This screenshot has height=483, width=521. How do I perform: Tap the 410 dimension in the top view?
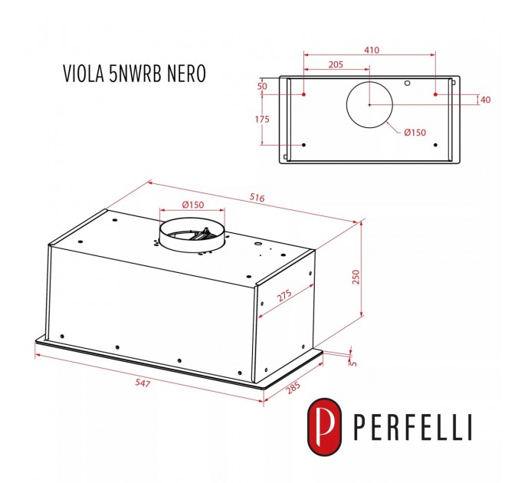coord(372,50)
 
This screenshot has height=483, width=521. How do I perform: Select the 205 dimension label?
coord(335,65)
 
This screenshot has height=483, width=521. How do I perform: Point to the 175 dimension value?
coord(262,120)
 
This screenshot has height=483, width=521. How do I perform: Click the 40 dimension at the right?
coord(485,100)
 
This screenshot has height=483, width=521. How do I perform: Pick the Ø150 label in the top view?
coord(415,133)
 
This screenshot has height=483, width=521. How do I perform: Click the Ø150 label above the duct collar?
coord(192,204)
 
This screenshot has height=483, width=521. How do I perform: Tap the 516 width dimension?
coord(256,198)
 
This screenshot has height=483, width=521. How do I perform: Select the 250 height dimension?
coord(355,277)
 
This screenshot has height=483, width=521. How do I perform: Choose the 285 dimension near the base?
coord(292,389)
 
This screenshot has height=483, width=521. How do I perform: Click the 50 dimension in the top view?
coord(262,87)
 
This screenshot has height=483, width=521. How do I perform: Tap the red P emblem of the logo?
coord(324,426)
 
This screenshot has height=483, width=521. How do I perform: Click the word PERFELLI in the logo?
coord(415,428)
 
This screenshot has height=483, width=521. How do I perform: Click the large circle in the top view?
coord(369,105)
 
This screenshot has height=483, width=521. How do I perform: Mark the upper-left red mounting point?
coord(304,94)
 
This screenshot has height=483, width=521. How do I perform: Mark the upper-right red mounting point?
coord(435,94)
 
